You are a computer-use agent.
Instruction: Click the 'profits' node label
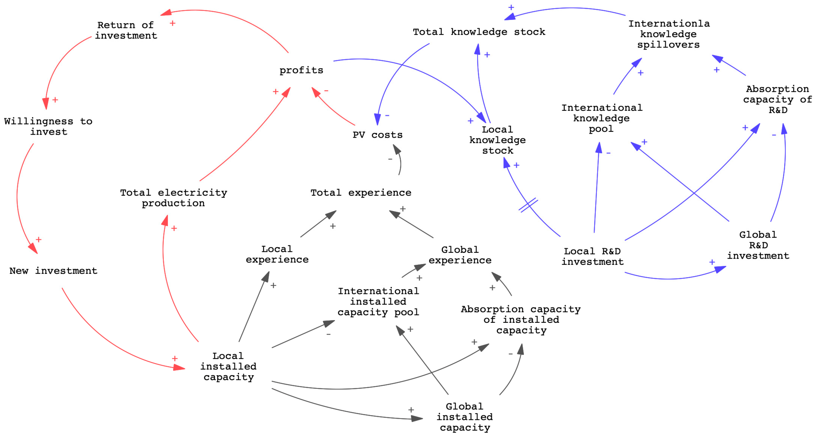click(x=301, y=70)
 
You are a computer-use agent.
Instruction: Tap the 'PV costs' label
click(x=377, y=135)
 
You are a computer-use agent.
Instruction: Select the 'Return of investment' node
click(x=126, y=30)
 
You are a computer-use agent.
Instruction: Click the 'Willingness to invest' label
click(x=48, y=127)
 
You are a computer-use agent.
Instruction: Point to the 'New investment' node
click(x=53, y=271)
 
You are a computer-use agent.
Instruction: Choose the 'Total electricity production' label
click(x=173, y=198)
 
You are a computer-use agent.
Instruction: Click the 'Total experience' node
click(x=361, y=192)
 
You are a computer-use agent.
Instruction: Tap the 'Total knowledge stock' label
click(x=479, y=32)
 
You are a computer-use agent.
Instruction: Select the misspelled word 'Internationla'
click(x=669, y=24)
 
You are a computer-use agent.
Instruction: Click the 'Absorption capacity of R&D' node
click(x=777, y=99)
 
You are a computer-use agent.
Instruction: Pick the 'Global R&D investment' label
click(x=758, y=245)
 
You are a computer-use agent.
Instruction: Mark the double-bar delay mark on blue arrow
click(x=528, y=205)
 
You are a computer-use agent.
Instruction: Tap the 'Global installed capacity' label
click(x=465, y=417)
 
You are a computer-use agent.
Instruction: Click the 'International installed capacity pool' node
click(x=378, y=302)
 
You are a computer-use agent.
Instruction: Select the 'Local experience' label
click(x=277, y=254)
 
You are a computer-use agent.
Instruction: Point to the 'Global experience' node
click(x=460, y=255)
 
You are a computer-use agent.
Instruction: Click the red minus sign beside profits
click(x=326, y=91)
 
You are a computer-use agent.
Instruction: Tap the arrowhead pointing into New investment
click(x=33, y=249)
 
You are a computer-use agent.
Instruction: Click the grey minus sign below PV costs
click(x=390, y=159)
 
